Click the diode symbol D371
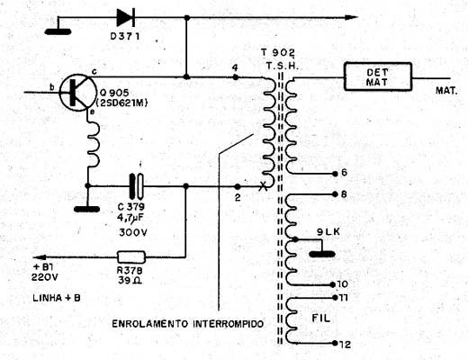tap(125, 18)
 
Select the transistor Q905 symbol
tap(76, 93)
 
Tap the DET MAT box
tap(378, 76)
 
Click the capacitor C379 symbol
tap(136, 186)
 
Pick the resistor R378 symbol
tap(131, 257)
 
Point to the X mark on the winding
tap(263, 186)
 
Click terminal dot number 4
tap(236, 77)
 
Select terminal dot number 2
tap(238, 186)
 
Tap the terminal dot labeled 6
tap(335, 174)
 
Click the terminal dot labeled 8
tap(335, 194)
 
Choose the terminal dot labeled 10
tap(332, 284)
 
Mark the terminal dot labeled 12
tap(335, 343)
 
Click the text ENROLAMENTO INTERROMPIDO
tap(188, 324)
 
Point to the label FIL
tap(320, 318)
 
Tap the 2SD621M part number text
tap(121, 103)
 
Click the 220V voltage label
tap(45, 277)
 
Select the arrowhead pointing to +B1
tap(40, 257)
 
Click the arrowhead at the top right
tap(351, 17)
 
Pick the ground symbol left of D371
tap(58, 31)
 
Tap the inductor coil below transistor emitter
tap(94, 144)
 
